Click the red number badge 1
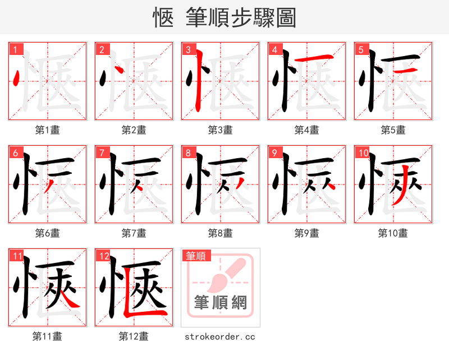point(15,50)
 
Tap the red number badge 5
point(361,50)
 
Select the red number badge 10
point(363,153)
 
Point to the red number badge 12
point(103,256)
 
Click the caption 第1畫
point(48,130)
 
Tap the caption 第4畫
point(307,130)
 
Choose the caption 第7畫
point(134,233)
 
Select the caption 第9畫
point(307,233)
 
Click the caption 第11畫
point(48,336)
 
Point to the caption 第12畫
point(134,336)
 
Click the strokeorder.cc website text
point(220,337)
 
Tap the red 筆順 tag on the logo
point(196,256)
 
